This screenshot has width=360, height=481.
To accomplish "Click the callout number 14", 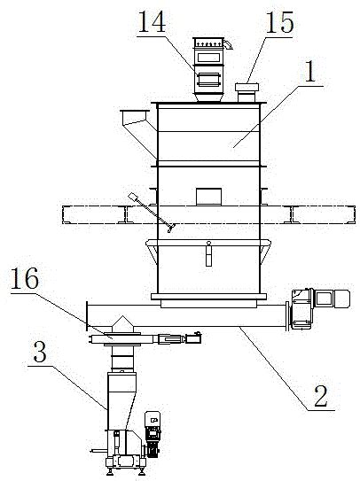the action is [152, 21].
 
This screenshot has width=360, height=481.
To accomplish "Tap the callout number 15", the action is [279, 22].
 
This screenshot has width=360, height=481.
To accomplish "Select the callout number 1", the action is [311, 72].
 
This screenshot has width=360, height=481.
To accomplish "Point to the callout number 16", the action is [25, 278].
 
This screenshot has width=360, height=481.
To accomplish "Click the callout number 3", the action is [40, 352].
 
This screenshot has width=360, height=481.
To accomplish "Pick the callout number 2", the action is [321, 396].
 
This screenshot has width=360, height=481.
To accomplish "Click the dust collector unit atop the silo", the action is [210, 70].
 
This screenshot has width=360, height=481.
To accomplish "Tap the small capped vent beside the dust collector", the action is [247, 93].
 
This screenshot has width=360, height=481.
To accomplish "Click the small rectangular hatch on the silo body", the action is [208, 197].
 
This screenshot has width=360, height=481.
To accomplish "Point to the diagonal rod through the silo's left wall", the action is [152, 213].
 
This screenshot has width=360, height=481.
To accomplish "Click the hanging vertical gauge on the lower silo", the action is [209, 253].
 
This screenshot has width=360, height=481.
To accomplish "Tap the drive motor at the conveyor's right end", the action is [320, 308].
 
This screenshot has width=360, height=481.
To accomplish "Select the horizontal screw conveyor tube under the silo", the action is [187, 315].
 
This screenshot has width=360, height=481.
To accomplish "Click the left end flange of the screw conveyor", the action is [87, 316].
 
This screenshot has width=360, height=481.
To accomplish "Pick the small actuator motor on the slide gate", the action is [193, 337].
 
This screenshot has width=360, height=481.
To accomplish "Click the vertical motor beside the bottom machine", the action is [153, 434].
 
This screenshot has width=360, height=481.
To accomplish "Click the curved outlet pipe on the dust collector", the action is [228, 44].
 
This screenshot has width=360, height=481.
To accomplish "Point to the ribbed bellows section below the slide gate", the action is [122, 359].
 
